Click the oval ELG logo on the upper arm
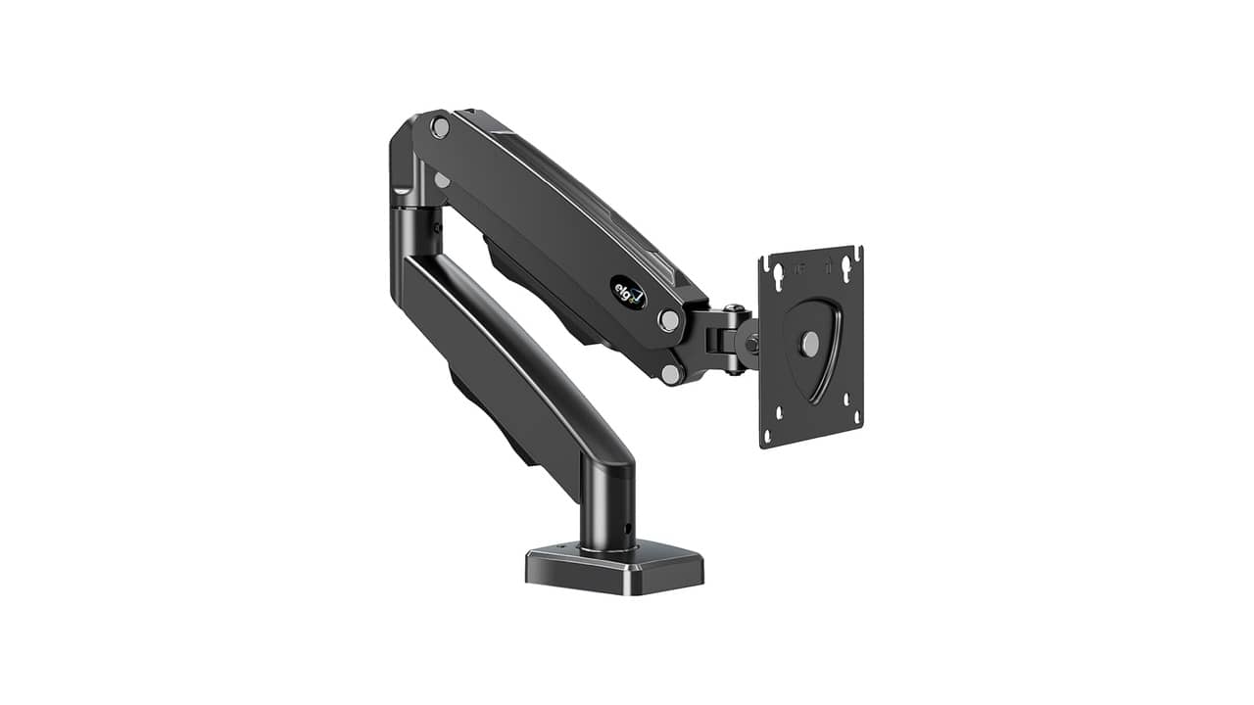628,292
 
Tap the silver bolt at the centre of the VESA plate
810,344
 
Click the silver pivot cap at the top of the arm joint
440,126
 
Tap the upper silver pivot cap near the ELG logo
669,320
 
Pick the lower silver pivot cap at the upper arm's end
670,372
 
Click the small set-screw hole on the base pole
626,530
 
